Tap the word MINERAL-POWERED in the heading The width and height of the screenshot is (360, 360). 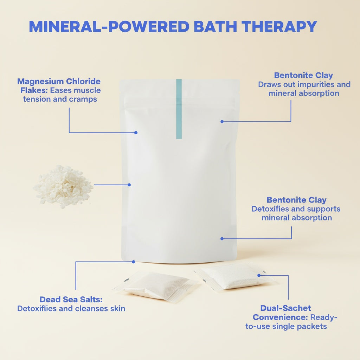[109, 26]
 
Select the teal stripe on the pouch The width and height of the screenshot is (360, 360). [179, 109]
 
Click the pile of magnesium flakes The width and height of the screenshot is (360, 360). [63, 186]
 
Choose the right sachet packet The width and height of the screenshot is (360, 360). [237, 277]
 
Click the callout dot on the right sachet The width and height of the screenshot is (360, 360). [259, 275]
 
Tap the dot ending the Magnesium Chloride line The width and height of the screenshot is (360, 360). [136, 133]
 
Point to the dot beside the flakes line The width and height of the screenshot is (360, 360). [129, 185]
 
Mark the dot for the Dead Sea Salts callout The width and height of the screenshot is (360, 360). [134, 262]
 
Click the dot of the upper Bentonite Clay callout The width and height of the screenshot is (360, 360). [222, 121]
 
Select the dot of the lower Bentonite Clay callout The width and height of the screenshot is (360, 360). [222, 239]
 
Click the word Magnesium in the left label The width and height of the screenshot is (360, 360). [40, 82]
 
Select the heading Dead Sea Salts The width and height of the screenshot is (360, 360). [71, 300]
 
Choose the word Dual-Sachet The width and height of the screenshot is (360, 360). [285, 308]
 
